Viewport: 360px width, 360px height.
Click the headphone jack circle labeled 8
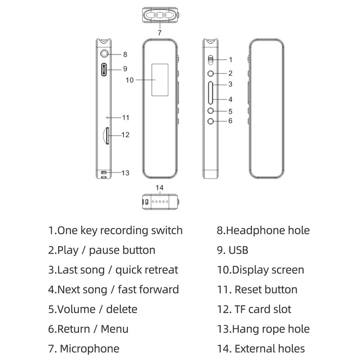(104, 54)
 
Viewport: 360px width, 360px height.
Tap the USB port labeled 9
(104, 70)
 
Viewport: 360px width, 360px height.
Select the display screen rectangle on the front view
(160, 80)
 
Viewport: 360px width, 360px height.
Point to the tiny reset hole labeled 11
(107, 117)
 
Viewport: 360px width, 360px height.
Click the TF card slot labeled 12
(106, 136)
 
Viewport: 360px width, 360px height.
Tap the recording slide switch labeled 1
(211, 60)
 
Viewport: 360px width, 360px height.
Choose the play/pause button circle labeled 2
(211, 73)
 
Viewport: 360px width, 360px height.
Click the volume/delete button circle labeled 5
(211, 111)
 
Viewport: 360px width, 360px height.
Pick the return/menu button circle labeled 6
(211, 121)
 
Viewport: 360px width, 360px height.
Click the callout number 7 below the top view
(160, 33)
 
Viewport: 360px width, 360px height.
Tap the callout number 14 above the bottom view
(160, 188)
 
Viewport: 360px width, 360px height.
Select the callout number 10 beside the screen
(130, 80)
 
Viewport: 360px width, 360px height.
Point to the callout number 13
(126, 173)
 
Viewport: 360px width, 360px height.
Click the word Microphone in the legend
(90, 348)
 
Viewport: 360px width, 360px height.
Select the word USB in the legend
(238, 250)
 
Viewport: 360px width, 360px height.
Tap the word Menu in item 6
(115, 329)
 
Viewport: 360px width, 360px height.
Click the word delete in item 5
(121, 309)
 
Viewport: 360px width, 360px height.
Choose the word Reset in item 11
(249, 289)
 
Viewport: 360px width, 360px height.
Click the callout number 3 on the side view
(230, 84)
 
